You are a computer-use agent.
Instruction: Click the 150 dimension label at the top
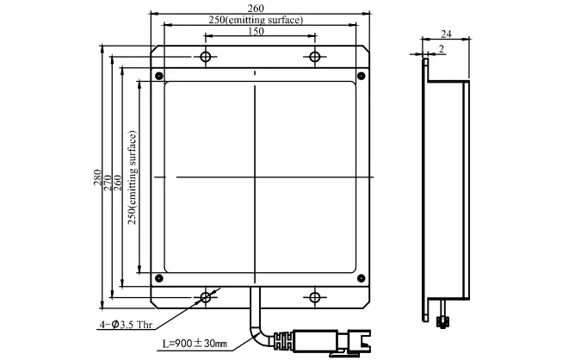click(256, 32)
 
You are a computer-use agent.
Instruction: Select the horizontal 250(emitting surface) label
click(256, 20)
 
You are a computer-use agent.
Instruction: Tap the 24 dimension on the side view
click(446, 34)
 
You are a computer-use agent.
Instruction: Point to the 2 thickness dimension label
click(442, 49)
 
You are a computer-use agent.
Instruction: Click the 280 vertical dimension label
click(97, 177)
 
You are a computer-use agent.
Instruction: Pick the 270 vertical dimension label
click(108, 183)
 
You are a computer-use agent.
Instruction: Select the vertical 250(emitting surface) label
click(132, 177)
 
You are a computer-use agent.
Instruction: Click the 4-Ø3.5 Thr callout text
click(126, 325)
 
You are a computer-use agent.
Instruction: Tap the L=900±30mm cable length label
click(195, 344)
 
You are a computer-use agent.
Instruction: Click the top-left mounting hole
click(206, 57)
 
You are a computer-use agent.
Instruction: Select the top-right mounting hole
click(315, 57)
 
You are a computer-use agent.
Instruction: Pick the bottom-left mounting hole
click(206, 297)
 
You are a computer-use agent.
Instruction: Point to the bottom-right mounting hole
click(315, 297)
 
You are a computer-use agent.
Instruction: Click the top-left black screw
click(158, 76)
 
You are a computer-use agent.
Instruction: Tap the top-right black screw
click(362, 76)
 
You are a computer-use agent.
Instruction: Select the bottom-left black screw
click(158, 278)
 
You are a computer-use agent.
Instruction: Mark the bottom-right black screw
click(362, 278)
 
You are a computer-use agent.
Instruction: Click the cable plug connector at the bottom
click(322, 342)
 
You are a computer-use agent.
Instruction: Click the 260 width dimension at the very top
click(256, 8)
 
